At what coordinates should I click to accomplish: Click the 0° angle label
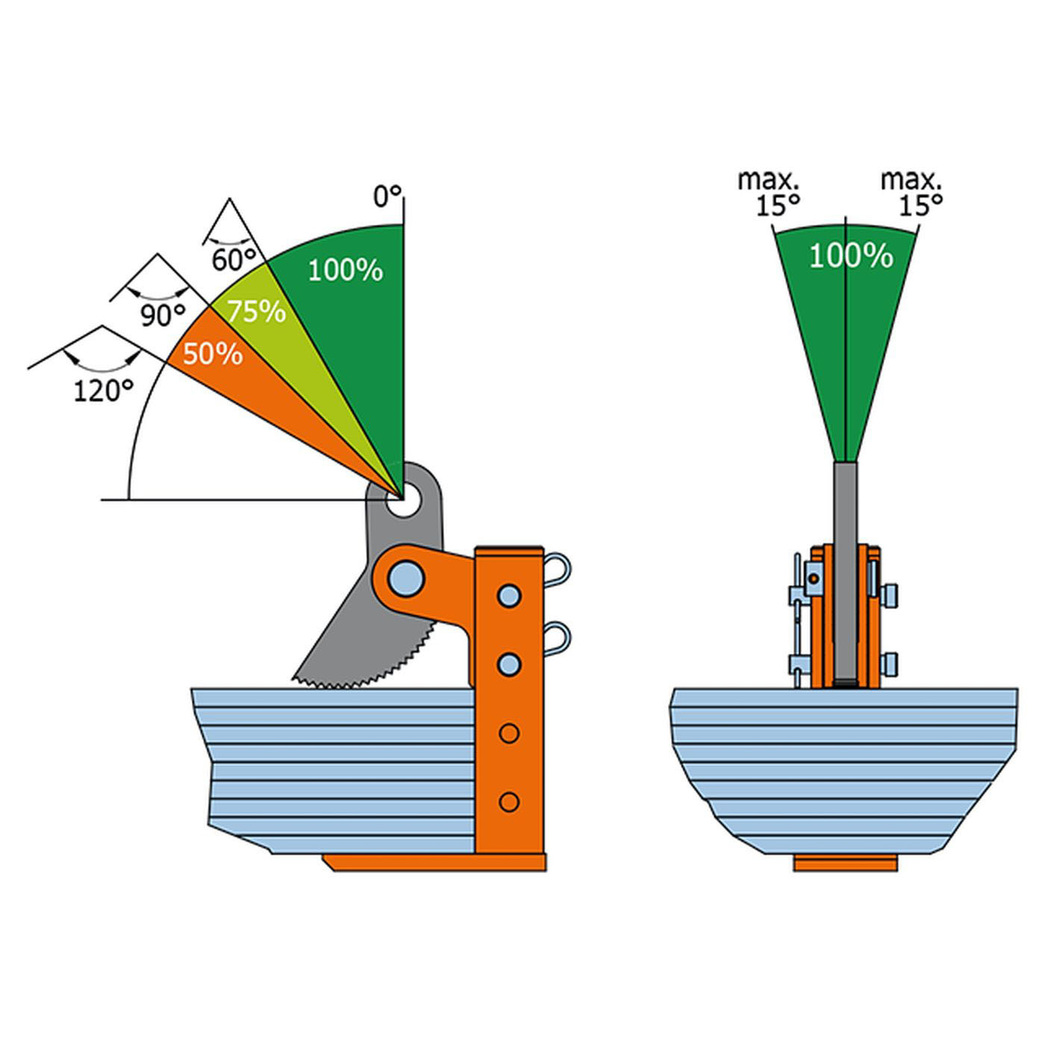click(387, 197)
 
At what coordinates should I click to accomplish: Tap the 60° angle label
click(233, 260)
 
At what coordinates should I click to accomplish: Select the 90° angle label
click(163, 316)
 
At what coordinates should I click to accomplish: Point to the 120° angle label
click(103, 390)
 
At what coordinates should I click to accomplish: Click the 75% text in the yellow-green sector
click(256, 311)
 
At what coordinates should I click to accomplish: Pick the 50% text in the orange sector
click(213, 354)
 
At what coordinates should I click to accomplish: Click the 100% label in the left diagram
click(345, 269)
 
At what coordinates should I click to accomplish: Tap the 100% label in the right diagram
click(851, 257)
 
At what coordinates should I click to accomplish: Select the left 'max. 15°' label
click(768, 192)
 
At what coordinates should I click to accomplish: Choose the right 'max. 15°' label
click(911, 192)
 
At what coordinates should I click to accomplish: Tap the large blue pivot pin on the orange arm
click(406, 578)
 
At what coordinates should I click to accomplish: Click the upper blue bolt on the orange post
click(509, 596)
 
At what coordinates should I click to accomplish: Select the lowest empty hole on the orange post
click(509, 802)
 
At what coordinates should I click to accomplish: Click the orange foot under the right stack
click(845, 864)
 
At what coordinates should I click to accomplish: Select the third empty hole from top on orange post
click(509, 734)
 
